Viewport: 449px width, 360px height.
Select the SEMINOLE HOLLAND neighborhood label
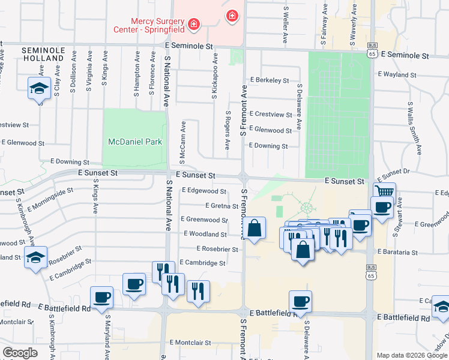point(43,53)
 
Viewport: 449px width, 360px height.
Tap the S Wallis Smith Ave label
point(414,127)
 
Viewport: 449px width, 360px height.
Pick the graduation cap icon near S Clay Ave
point(39,89)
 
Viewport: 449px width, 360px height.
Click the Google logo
point(20,353)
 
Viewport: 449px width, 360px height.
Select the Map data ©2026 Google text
point(411,355)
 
